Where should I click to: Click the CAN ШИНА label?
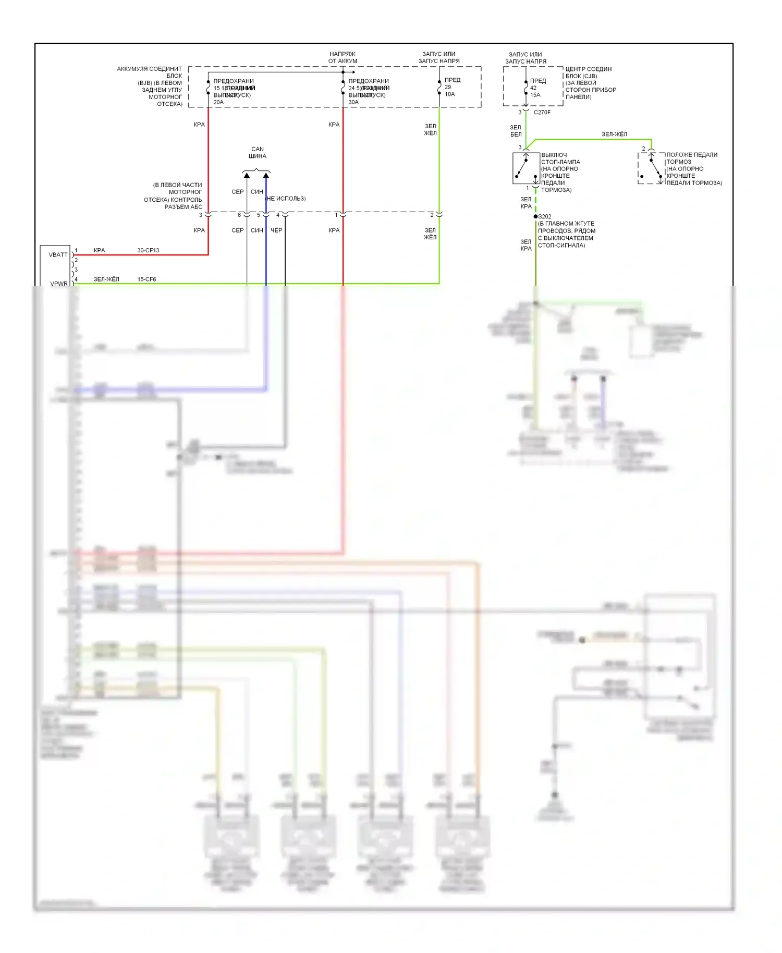coord(258,152)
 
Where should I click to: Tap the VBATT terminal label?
coord(58,254)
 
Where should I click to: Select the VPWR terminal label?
coord(58,284)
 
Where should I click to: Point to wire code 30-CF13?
coord(148,250)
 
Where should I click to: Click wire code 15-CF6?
coord(146,279)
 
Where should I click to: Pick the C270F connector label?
coord(542,112)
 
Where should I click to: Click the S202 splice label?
coord(545,216)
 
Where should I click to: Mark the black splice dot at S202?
coord(535,216)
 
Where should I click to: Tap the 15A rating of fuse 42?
coord(535,95)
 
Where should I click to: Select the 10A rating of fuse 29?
coord(449,94)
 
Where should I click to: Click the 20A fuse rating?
coord(218,102)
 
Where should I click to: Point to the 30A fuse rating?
coord(353,102)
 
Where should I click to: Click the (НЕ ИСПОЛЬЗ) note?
coord(286,198)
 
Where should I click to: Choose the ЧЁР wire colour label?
coord(276,230)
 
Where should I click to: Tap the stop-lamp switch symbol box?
coord(526,168)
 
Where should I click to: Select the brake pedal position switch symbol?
coord(651,168)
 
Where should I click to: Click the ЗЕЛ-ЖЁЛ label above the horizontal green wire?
coord(615,134)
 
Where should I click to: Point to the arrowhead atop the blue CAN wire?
coord(266,176)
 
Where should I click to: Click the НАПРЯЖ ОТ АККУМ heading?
coord(343,57)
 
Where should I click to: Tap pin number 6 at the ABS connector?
coord(239,215)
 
